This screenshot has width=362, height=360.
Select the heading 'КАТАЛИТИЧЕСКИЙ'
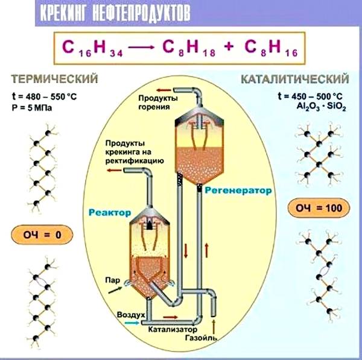click(294, 79)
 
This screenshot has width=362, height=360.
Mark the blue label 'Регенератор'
click(238, 189)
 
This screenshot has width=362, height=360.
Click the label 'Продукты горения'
click(157, 102)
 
